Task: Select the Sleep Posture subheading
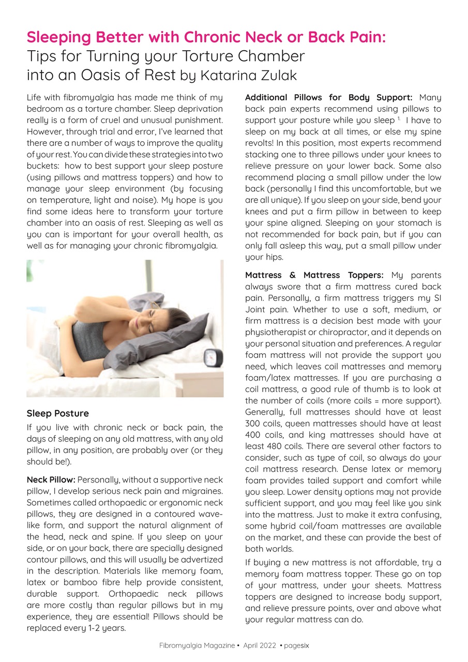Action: click(x=57, y=413)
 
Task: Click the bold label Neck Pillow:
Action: click(x=51, y=479)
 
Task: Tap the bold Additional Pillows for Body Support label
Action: click(x=328, y=97)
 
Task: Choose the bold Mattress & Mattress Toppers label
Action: click(x=314, y=275)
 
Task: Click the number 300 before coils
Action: click(x=252, y=423)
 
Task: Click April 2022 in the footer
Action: click(x=261, y=645)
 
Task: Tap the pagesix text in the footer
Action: click(x=296, y=645)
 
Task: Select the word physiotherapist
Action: click(x=273, y=332)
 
